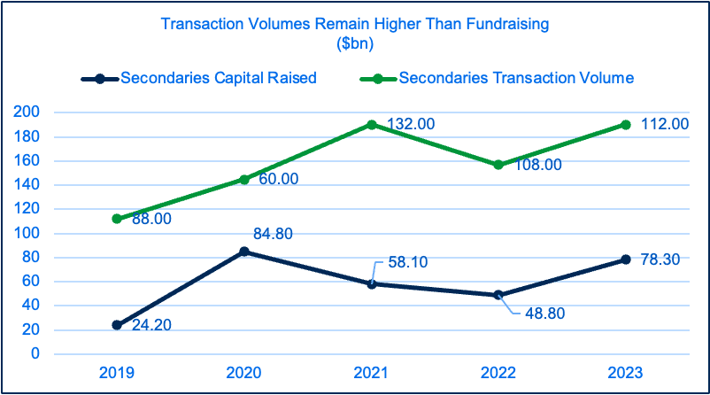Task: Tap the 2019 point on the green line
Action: click(117, 219)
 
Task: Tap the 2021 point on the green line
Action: click(371, 125)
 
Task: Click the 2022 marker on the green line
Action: click(498, 165)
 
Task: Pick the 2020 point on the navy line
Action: click(244, 252)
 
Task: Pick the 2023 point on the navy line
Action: click(625, 259)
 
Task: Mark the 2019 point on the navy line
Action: click(117, 325)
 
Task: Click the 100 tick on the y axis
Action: click(29, 233)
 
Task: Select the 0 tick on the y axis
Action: click(35, 353)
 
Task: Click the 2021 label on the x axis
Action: click(371, 372)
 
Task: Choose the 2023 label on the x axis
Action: click(625, 372)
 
